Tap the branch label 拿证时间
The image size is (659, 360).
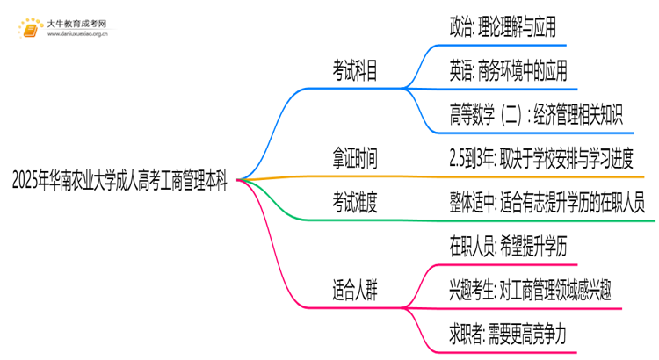pyautogui.click(x=356, y=159)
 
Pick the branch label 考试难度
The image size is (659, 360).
pyautogui.click(x=356, y=203)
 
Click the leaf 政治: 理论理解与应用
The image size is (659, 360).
pyautogui.click(x=502, y=28)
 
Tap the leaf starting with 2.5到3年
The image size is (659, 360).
pyautogui.click(x=540, y=159)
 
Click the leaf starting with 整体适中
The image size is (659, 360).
pyautogui.click(x=547, y=203)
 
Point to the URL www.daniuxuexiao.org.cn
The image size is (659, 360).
pyautogui.click(x=77, y=35)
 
